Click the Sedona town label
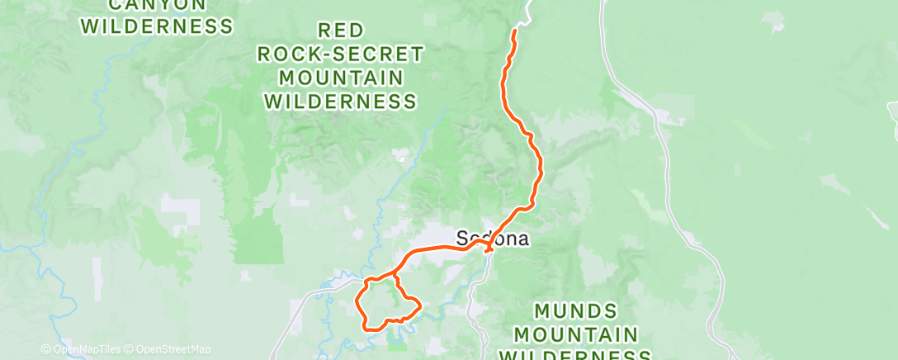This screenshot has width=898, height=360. (492, 239)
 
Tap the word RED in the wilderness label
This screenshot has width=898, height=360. (341, 31)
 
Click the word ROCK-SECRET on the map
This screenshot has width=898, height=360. (341, 54)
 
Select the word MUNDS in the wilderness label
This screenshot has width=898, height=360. (575, 311)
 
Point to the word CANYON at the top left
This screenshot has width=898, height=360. (156, 5)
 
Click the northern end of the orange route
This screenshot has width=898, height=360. (516, 31)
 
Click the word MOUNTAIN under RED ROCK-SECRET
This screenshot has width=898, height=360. (341, 78)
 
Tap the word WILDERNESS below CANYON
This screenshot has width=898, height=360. (156, 26)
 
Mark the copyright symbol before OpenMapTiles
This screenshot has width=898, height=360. (47, 349)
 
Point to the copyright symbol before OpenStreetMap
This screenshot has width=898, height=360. (130, 349)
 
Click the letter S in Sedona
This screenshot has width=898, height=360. (462, 239)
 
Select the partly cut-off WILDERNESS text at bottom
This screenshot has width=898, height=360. (575, 355)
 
